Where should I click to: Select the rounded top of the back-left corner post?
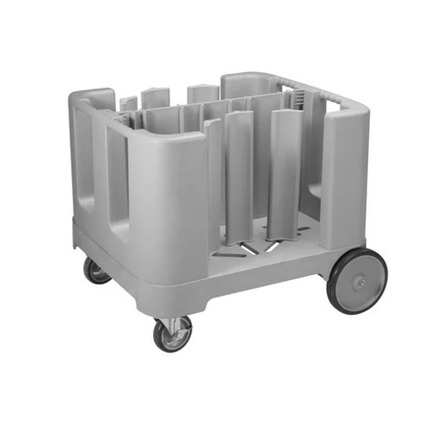pos(93,95)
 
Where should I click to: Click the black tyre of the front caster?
pos(158,336)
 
